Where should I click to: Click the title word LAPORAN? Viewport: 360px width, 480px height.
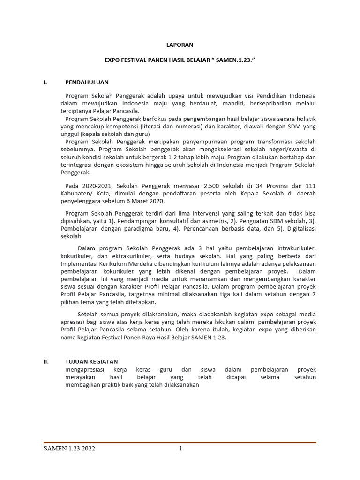click(180, 45)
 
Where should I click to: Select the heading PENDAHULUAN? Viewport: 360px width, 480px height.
click(87, 82)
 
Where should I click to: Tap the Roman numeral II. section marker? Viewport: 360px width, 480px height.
click(46, 361)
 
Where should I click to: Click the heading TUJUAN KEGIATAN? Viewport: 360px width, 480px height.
click(91, 361)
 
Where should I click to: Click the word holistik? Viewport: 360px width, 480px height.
click(304, 119)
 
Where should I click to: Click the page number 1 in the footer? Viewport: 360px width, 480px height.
click(180, 449)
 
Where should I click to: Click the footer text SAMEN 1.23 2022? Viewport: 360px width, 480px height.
click(69, 449)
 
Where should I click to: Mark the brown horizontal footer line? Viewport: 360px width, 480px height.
click(180, 443)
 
